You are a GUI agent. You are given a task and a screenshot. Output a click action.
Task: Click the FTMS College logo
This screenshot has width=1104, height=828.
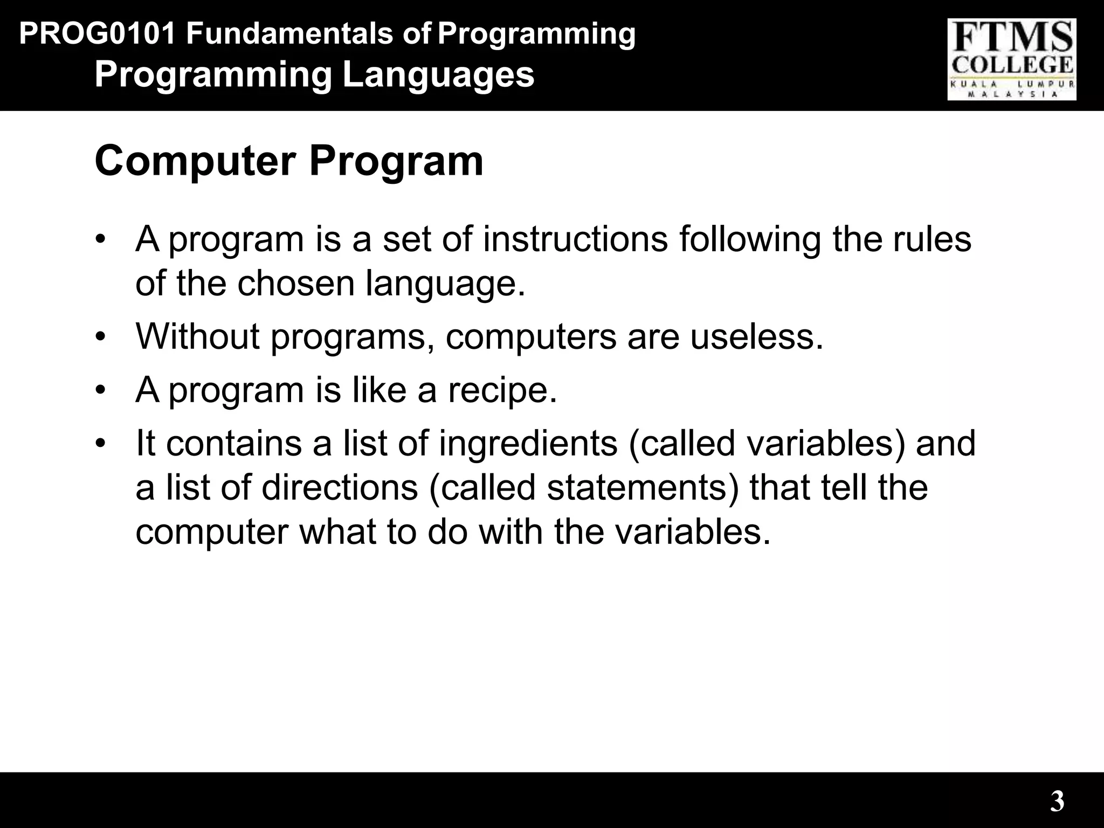click(x=1012, y=59)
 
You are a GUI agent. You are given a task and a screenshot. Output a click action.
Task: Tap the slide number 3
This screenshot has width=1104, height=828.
click(x=1057, y=801)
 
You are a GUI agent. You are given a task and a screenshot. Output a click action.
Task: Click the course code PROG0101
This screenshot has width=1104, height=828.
click(x=97, y=34)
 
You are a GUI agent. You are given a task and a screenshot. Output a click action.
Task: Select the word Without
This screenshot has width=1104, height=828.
click(x=198, y=336)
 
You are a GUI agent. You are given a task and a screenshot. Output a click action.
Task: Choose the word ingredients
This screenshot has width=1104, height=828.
click(x=528, y=443)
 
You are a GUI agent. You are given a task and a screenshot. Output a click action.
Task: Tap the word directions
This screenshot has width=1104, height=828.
click(x=340, y=487)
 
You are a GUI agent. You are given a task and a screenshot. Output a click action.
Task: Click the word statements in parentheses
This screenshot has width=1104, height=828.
click(x=637, y=487)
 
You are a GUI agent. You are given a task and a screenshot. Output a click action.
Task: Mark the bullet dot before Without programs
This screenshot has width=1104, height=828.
click(x=100, y=337)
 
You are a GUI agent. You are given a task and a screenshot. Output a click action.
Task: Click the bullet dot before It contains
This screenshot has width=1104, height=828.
click(x=100, y=444)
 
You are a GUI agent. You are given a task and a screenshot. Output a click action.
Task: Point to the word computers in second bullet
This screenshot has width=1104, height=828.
click(x=530, y=336)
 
